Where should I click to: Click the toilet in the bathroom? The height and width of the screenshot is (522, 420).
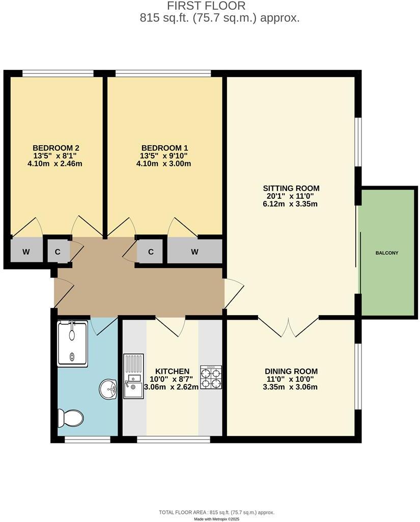[x=70, y=419]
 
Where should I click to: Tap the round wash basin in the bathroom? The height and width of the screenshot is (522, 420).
[x=108, y=390]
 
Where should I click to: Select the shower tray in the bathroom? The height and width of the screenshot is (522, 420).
[x=72, y=343]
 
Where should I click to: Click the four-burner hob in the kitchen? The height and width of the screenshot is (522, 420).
[x=211, y=378]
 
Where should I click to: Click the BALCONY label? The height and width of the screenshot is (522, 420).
[x=387, y=253]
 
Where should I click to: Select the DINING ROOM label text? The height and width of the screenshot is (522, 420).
[x=291, y=371]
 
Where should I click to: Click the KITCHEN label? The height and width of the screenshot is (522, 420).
[x=173, y=371]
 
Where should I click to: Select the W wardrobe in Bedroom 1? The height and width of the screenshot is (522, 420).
[x=195, y=251]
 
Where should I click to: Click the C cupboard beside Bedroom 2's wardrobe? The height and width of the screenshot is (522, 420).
[x=58, y=251]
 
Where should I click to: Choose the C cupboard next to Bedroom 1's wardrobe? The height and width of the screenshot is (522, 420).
[x=151, y=251]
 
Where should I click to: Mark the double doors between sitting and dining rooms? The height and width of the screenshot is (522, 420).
[x=289, y=327]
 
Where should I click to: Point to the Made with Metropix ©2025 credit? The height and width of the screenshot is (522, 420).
[x=217, y=519]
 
